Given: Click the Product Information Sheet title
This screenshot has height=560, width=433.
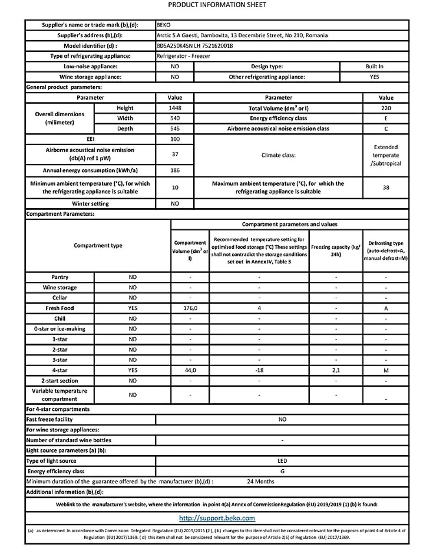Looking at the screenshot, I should tap(217, 5).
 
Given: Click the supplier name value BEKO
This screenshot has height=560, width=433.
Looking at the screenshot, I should tap(164, 25).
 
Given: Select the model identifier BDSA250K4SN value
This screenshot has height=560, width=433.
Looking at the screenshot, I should tap(195, 46).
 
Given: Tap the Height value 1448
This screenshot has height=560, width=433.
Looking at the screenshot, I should tap(175, 108).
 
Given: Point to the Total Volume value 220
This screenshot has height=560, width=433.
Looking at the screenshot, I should tap(386, 108).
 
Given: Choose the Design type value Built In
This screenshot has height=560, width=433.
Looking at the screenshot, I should tap(374, 67).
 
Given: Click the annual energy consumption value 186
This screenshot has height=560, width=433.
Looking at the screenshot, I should tap(175, 170).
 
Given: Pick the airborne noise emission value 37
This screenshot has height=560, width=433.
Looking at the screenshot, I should tap(175, 155).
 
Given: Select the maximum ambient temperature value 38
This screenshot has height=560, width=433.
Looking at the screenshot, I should tap(386, 188).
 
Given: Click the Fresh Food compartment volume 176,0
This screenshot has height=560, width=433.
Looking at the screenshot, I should tap(190, 308).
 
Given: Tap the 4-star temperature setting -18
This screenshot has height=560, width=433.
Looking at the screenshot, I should tap(259, 370).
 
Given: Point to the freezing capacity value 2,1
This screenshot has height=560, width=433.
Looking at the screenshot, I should tap(336, 370).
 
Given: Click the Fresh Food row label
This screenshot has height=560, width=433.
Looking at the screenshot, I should tap(60, 308).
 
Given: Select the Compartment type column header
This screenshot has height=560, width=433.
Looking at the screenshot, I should tap(98, 246).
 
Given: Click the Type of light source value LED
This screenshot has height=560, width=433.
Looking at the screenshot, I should tap(282, 461).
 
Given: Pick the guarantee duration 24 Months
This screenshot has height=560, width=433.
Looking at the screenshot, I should tap(261, 481).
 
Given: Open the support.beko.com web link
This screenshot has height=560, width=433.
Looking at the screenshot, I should tap(217, 518).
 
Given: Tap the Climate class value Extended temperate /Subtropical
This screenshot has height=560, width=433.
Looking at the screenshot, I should tap(386, 155).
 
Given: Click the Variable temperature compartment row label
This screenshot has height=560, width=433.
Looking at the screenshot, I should tap(60, 395).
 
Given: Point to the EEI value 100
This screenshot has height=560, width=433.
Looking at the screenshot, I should tap(175, 139).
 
